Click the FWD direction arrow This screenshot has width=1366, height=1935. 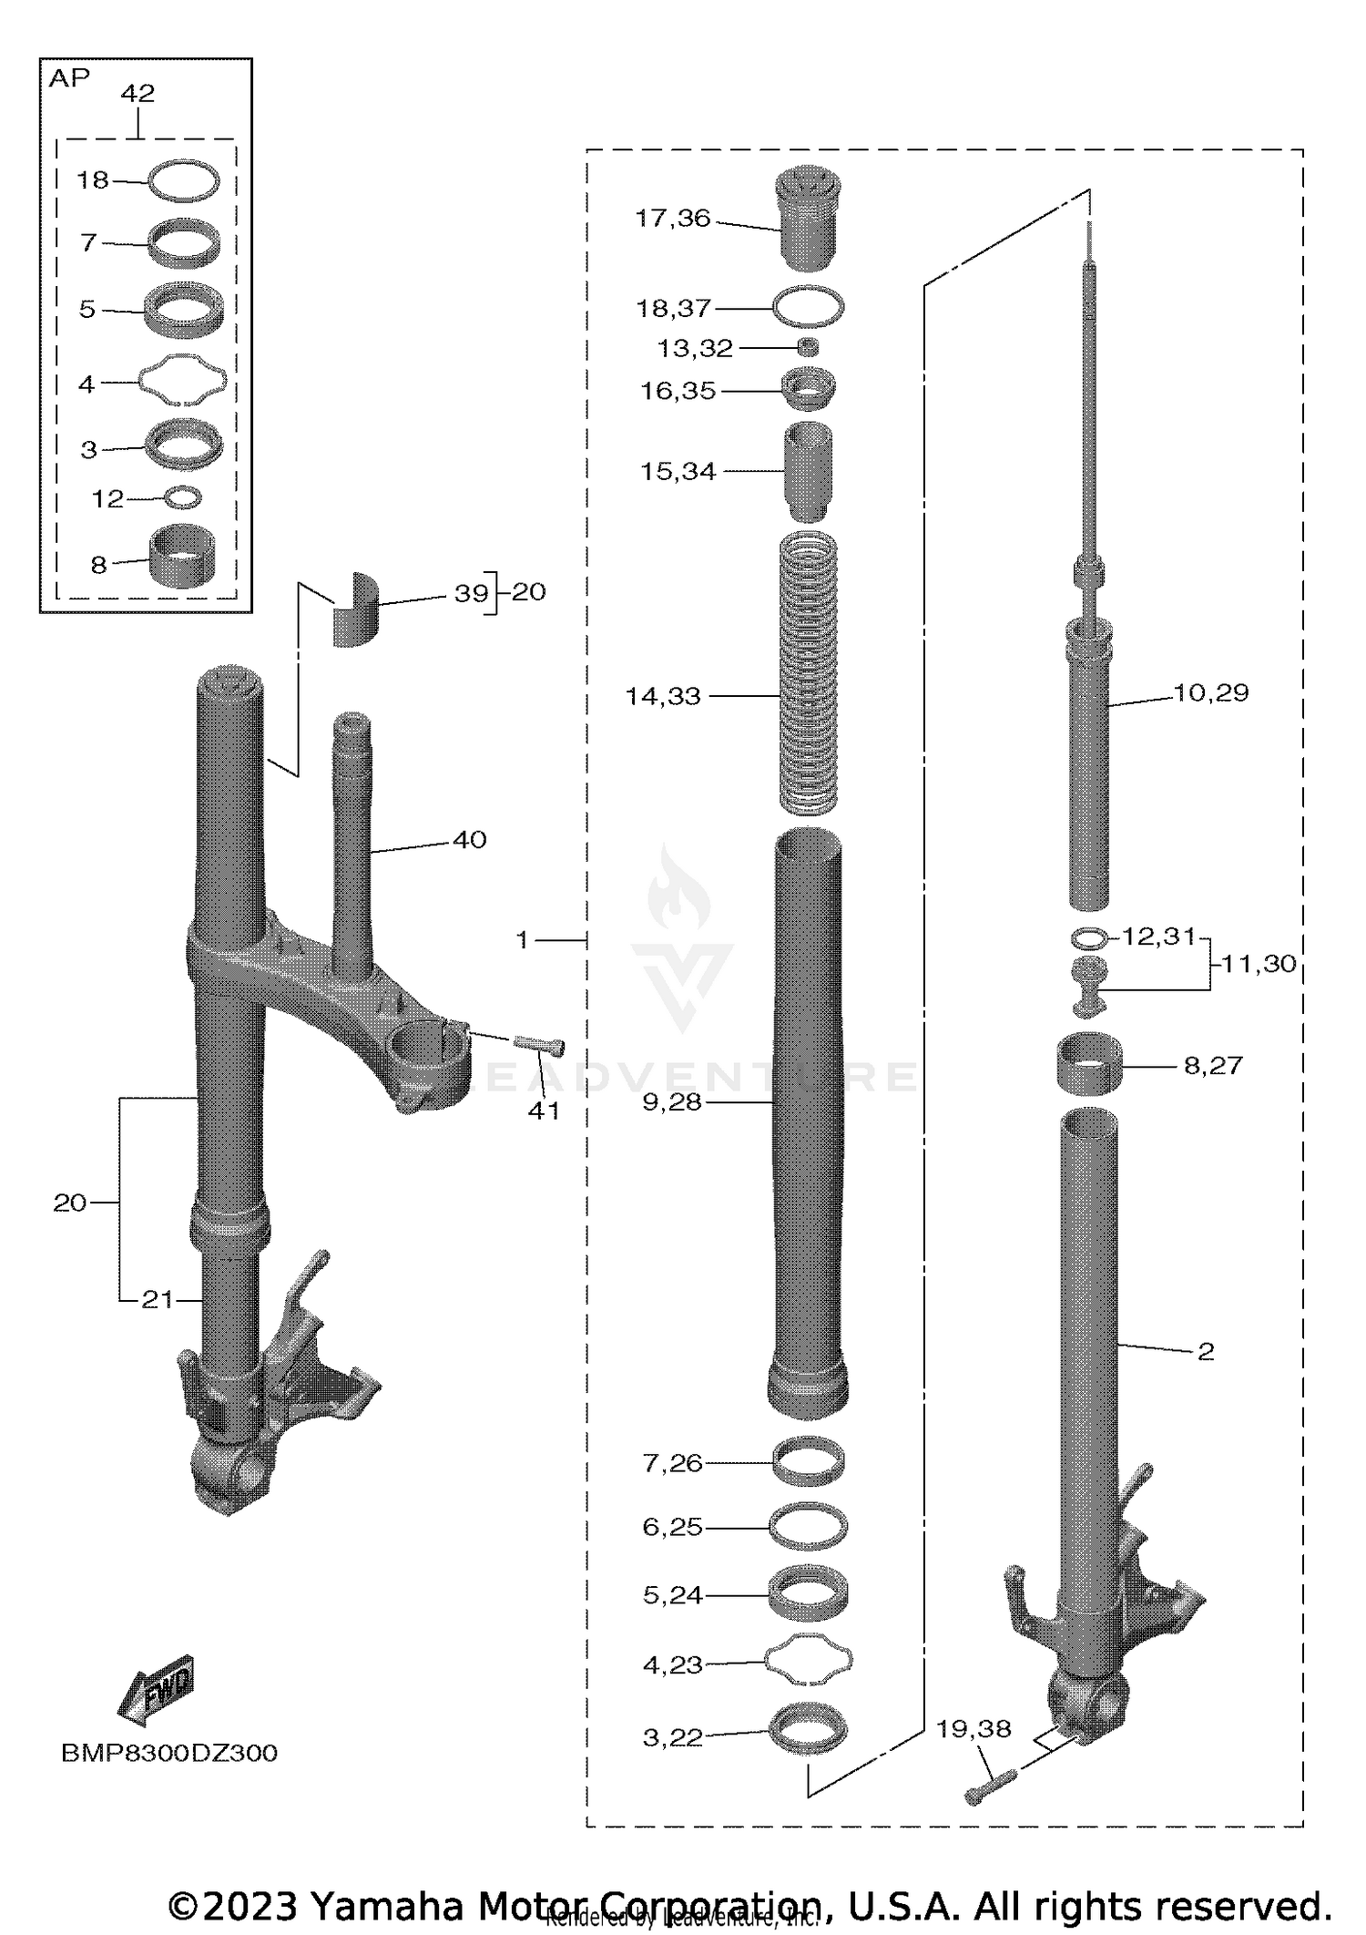pos(157,1691)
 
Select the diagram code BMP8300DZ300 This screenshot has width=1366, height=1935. pos(168,1753)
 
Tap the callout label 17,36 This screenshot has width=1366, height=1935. pos(672,219)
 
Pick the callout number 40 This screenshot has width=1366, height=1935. pos(470,840)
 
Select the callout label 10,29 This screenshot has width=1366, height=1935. pos(1210,693)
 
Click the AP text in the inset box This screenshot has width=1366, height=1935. pos(69,79)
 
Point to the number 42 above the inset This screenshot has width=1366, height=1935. pos(138,93)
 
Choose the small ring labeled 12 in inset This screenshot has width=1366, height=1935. pos(183,497)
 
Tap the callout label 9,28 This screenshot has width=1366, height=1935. pos(672,1102)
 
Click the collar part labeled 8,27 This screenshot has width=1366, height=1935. pos(1089,1062)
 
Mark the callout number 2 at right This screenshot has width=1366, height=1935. pos(1206,1352)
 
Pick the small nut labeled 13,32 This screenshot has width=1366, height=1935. pos(808,347)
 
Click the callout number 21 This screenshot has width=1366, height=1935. pos(157,1299)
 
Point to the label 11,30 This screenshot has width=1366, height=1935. pos(1258,964)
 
